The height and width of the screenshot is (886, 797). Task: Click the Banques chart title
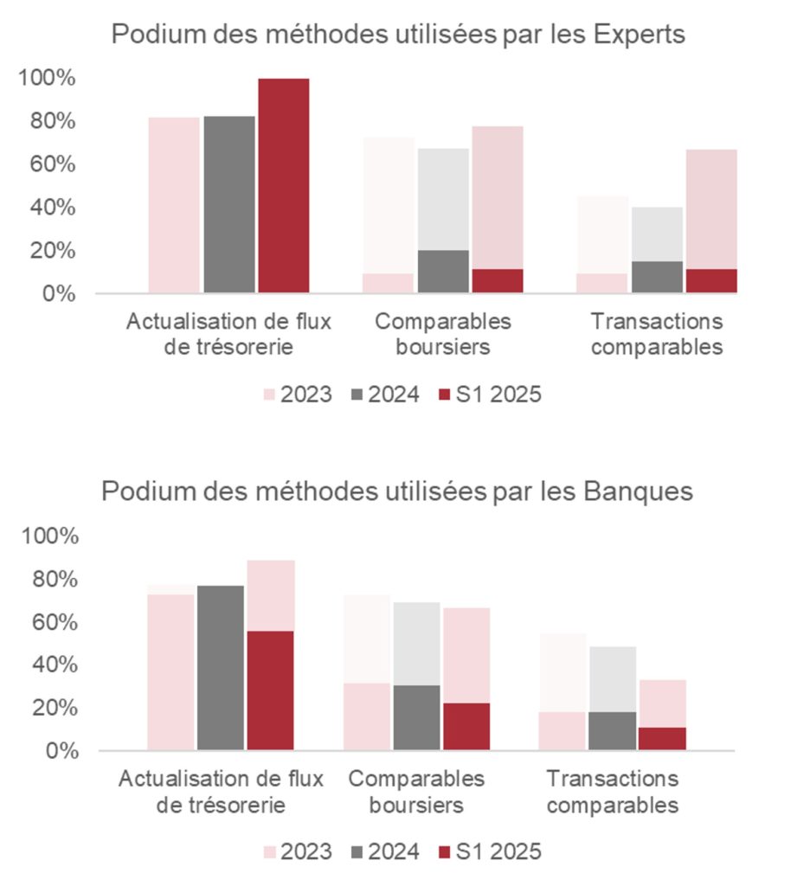click(x=397, y=491)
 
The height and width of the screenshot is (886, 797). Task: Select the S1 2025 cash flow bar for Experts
click(x=283, y=185)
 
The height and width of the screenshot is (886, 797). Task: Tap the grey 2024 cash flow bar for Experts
click(x=229, y=204)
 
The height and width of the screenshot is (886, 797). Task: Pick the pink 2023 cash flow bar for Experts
click(x=174, y=205)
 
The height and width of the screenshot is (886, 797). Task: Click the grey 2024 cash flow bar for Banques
click(x=220, y=667)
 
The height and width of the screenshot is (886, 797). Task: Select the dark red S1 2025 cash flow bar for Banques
click(x=270, y=690)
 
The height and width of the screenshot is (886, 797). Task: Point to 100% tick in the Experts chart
click(x=47, y=79)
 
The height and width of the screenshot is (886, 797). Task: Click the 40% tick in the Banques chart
click(x=51, y=665)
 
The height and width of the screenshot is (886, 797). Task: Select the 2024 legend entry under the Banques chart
click(x=385, y=851)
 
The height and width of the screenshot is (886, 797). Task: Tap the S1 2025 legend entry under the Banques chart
click(x=490, y=851)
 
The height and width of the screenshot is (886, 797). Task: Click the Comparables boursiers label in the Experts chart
click(x=443, y=334)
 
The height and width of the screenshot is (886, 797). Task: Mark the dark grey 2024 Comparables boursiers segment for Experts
click(x=443, y=272)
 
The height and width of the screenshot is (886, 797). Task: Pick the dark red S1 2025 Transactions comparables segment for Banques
click(x=661, y=738)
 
